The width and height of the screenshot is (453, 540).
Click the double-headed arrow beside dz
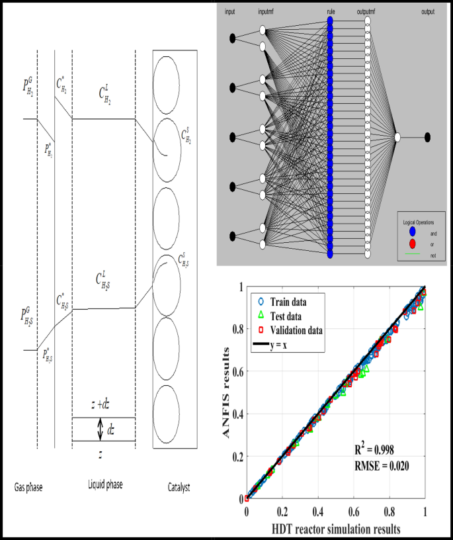pyautogui.click(x=100, y=429)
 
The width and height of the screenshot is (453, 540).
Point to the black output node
pyautogui.click(x=428, y=137)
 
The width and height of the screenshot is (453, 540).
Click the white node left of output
pyautogui.click(x=397, y=137)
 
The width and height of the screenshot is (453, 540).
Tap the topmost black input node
pyautogui.click(x=232, y=38)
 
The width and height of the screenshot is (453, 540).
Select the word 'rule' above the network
pyautogui.click(x=330, y=12)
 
